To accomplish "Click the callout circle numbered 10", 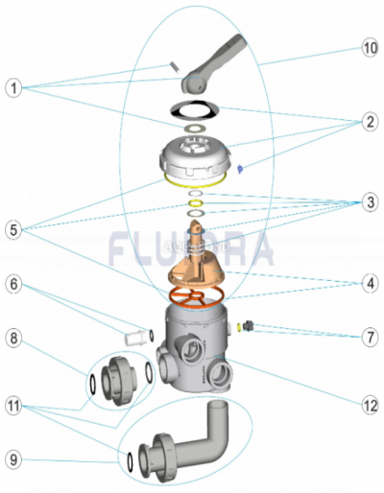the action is (x=371, y=48).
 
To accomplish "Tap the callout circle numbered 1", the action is (x=13, y=88).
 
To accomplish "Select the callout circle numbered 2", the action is (x=371, y=122).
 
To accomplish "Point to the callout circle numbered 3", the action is (x=371, y=202).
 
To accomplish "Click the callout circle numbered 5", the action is (x=13, y=230).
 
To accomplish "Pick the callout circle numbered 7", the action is (x=371, y=337).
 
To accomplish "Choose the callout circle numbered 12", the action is (x=371, y=406).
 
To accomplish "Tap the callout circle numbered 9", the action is (x=13, y=460).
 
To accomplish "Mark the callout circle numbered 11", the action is (x=13, y=406).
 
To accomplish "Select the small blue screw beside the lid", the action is (x=240, y=169).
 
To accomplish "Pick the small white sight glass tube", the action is (x=135, y=338).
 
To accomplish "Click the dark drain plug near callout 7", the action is (x=248, y=326).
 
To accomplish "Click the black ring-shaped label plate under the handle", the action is (x=195, y=109).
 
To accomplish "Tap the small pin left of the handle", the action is (x=174, y=66).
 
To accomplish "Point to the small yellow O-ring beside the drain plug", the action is (x=239, y=327).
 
